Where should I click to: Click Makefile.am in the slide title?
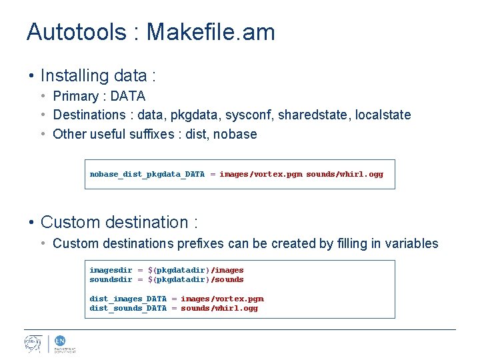211,32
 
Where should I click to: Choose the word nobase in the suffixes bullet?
235,134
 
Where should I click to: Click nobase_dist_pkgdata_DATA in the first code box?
147,175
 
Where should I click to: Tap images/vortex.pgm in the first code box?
261,175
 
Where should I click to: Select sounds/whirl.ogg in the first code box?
345,175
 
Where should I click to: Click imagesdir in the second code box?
111,270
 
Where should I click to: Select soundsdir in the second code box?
111,279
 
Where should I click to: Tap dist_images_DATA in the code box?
128,299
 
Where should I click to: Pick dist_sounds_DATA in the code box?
128,308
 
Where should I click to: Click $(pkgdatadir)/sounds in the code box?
195,279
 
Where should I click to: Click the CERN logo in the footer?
33,343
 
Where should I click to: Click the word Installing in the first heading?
74,76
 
